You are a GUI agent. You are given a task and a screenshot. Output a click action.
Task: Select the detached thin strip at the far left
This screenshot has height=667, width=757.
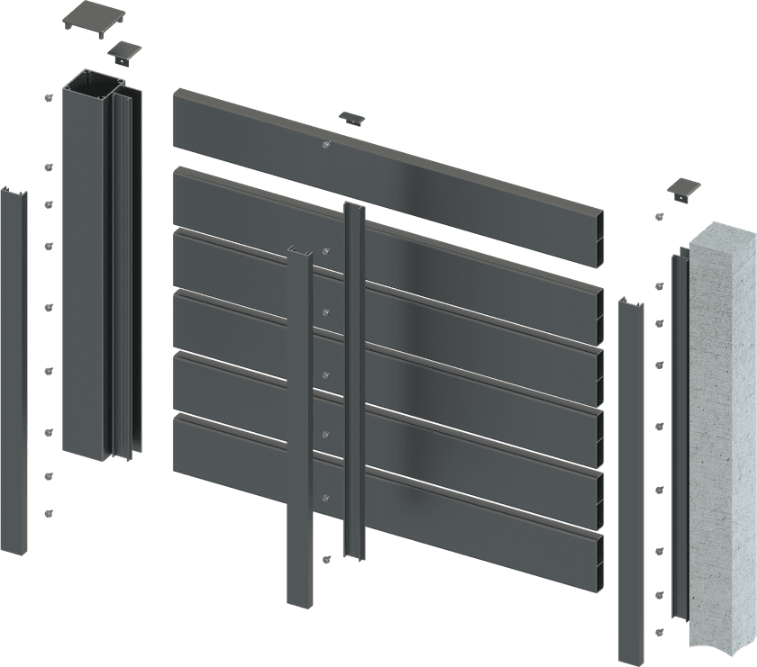tap(14, 360)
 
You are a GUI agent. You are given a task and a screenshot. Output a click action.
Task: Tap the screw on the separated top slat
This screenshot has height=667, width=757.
tap(326, 145)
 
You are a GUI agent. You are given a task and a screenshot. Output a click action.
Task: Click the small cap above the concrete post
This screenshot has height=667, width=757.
tap(684, 189)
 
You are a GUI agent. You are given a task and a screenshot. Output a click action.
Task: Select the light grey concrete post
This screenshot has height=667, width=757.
tap(721, 432)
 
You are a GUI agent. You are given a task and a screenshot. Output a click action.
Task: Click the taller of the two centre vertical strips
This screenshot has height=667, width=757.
tap(353, 378)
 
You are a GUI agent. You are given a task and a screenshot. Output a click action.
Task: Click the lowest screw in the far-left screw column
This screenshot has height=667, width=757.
tap(47, 511)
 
